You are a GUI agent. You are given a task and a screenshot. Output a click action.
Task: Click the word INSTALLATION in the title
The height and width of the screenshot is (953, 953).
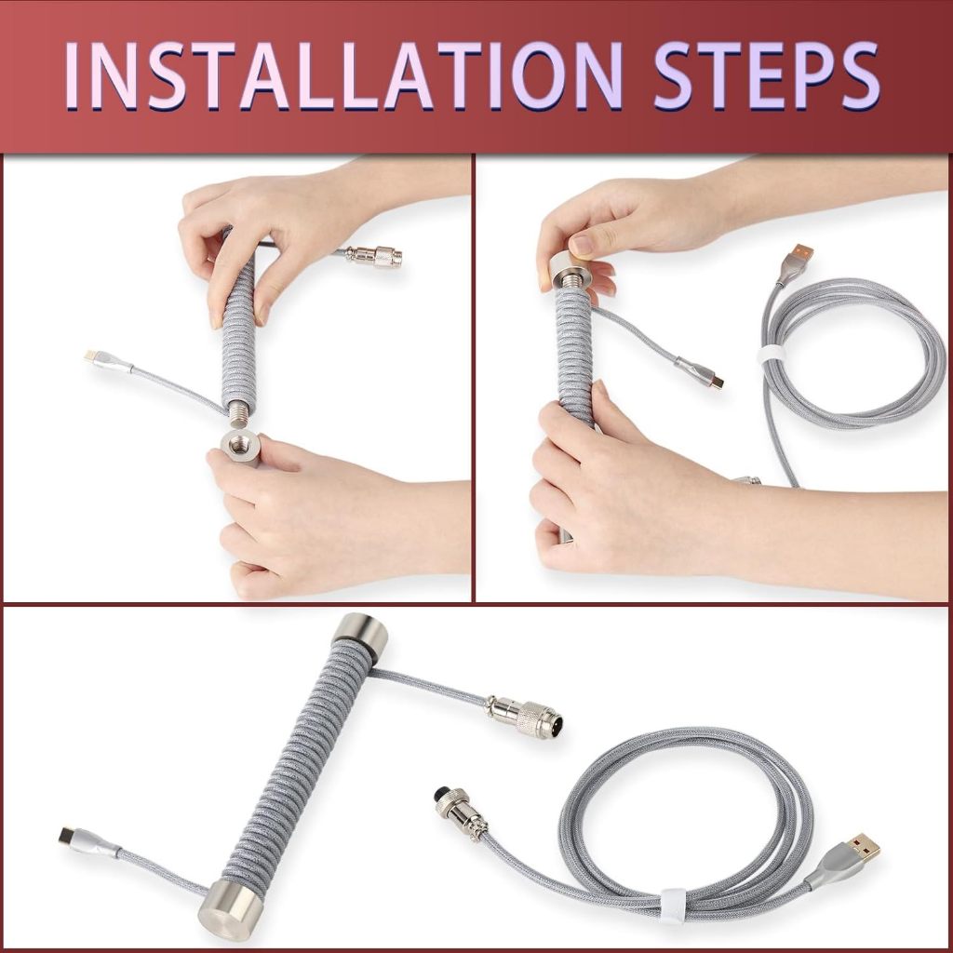tap(343, 75)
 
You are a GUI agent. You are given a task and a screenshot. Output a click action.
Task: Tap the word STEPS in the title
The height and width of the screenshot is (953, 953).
tap(767, 75)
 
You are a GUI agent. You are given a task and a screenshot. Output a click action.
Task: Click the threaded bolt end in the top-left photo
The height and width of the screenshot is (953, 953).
tap(240, 415)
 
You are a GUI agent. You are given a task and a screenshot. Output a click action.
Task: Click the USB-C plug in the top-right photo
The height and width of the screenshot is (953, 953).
tap(700, 372)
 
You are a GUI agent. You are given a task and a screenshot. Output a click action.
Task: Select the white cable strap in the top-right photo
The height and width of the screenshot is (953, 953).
tap(772, 356)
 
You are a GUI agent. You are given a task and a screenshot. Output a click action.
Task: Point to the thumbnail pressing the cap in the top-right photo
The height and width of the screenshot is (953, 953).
tap(583, 245)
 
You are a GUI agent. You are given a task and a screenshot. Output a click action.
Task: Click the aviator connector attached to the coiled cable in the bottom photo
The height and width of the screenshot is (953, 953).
tap(523, 717)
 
